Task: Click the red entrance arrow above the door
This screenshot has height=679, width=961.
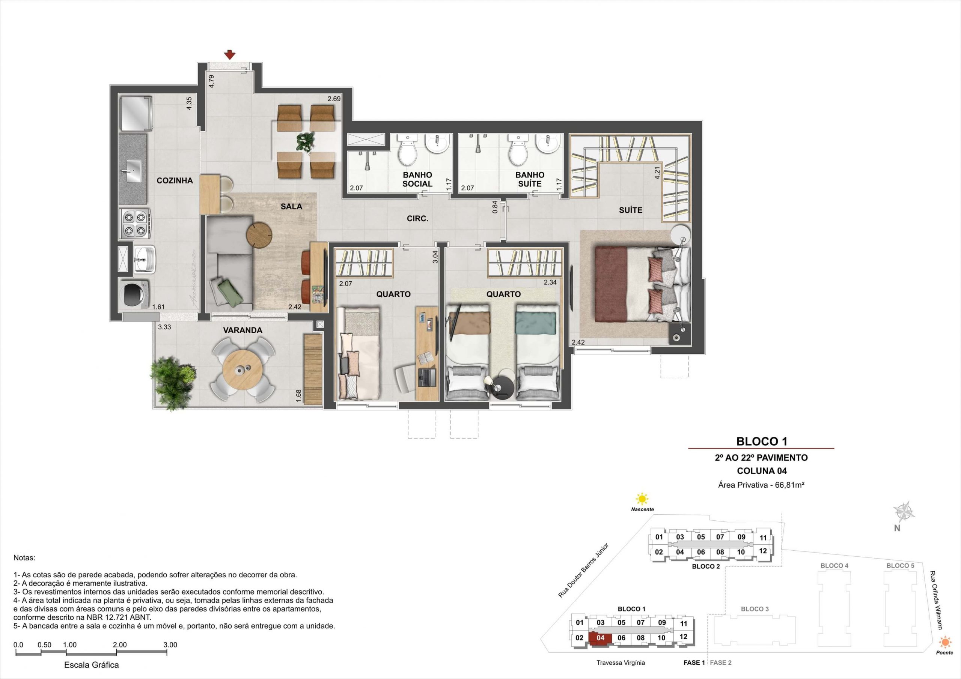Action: (x=229, y=55)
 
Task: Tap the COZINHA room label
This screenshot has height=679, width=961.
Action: (x=175, y=181)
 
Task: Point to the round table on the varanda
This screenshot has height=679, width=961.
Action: (x=243, y=370)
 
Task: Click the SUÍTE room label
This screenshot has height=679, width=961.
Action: (x=630, y=210)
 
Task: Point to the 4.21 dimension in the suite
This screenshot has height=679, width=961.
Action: (x=657, y=173)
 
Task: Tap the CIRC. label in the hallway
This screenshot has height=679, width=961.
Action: (x=417, y=218)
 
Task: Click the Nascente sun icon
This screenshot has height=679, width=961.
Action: (x=642, y=499)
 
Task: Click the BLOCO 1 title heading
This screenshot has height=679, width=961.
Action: (x=762, y=441)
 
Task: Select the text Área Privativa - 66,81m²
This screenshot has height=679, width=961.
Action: (x=762, y=485)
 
